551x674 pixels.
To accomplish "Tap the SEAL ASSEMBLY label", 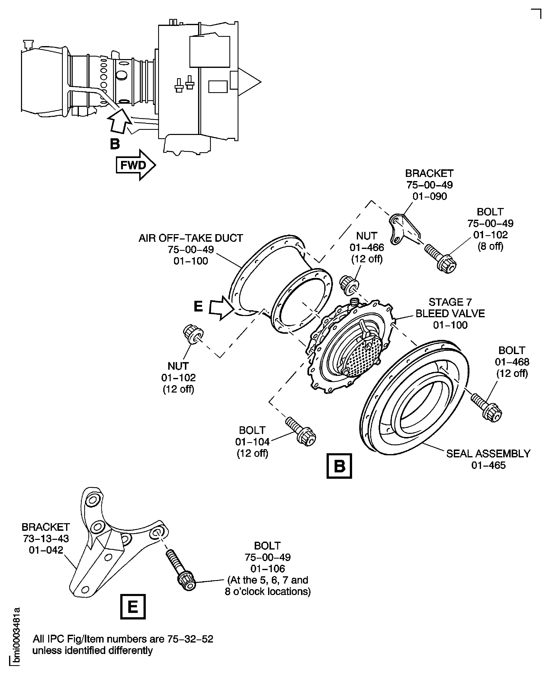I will pyautogui.click(x=488, y=454).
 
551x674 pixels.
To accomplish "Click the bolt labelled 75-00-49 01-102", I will pyautogui.click(x=441, y=258).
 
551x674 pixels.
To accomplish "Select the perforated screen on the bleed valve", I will pyautogui.click(x=363, y=355).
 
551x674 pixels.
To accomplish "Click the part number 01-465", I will pyautogui.click(x=488, y=465).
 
